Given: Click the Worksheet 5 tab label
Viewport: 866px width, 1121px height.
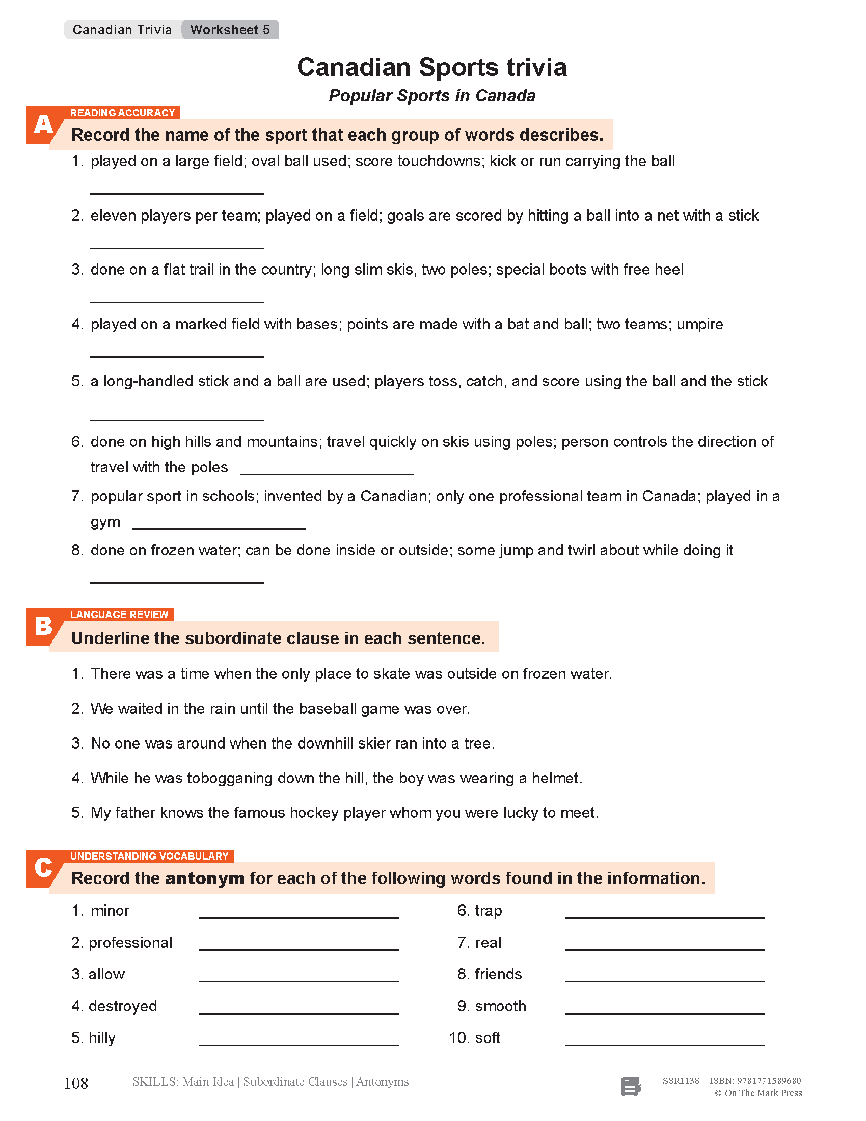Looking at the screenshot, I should (x=230, y=30).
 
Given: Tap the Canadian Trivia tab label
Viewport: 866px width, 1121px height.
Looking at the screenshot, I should (x=122, y=30).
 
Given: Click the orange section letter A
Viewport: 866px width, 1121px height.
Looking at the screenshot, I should (x=43, y=125).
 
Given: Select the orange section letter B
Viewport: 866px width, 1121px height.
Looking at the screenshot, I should (x=43, y=627).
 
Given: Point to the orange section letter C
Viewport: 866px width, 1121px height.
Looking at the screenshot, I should (x=43, y=868).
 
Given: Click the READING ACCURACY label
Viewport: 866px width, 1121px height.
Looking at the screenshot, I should (x=123, y=113).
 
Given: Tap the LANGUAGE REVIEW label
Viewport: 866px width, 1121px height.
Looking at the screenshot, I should (x=119, y=615).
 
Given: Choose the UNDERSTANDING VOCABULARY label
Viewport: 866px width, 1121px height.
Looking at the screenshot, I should (x=149, y=856).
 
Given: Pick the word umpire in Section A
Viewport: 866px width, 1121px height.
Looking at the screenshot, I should (x=699, y=325).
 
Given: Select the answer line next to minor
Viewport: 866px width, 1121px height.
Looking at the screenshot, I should (x=299, y=914).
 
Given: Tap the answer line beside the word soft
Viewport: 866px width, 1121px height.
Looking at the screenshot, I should (x=665, y=1042).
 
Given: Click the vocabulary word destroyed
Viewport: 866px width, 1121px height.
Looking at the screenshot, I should (x=123, y=1006).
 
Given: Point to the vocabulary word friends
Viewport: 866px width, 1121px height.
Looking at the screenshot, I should (x=498, y=974).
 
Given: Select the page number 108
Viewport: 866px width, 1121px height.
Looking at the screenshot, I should (x=76, y=1083).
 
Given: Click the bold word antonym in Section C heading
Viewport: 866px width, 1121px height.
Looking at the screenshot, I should (x=205, y=879).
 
